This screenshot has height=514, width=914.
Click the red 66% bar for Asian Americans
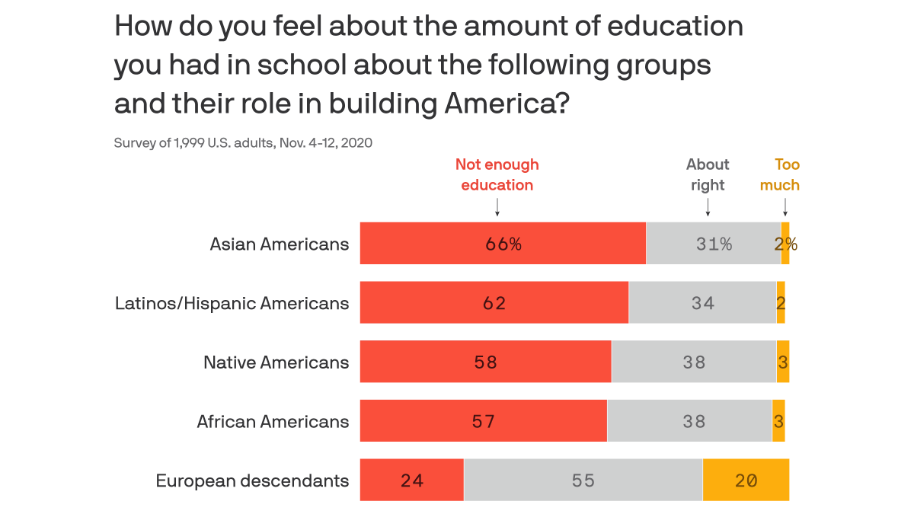pyautogui.click(x=503, y=244)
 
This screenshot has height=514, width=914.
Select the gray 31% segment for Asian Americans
pyautogui.click(x=713, y=244)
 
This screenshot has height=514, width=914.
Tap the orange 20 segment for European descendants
pyautogui.click(x=746, y=480)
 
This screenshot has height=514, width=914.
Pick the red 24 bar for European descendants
pyautogui.click(x=411, y=480)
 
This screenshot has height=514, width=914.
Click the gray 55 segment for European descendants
pyautogui.click(x=583, y=480)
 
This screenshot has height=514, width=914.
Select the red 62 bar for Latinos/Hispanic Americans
pyautogui.click(x=494, y=303)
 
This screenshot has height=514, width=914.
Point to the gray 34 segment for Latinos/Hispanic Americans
pyautogui.click(x=702, y=303)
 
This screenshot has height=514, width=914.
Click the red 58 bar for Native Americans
pyautogui.click(x=485, y=362)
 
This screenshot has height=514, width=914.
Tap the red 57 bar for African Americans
pyautogui.click(x=483, y=421)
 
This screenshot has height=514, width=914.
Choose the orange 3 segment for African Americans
pyautogui.click(x=778, y=421)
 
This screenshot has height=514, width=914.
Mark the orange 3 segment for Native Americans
pyautogui.click(x=783, y=362)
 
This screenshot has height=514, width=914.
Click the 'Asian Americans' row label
pyautogui.click(x=280, y=244)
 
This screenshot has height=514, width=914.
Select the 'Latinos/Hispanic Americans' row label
pyautogui.click(x=232, y=303)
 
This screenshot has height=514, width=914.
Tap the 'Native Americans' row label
pyautogui.click(x=276, y=362)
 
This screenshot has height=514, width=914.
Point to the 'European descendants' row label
pyautogui.click(x=252, y=480)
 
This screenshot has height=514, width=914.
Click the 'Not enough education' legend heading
pyautogui.click(x=497, y=174)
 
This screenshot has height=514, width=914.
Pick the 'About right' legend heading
pyautogui.click(x=708, y=174)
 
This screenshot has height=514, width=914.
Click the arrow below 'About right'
pyautogui.click(x=708, y=207)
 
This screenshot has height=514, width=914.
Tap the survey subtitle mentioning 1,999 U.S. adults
pyautogui.click(x=243, y=142)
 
